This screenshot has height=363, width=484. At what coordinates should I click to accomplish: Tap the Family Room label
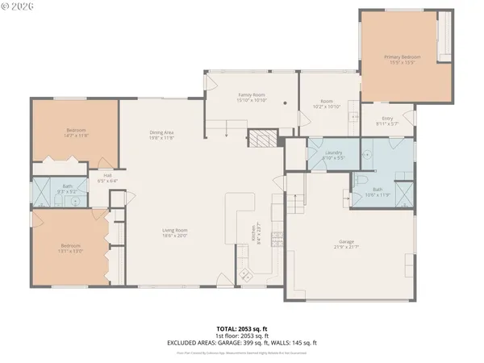click(x=252, y=94)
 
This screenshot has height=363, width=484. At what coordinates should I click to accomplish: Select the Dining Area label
click(x=162, y=132)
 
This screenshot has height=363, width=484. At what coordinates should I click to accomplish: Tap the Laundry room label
click(x=333, y=152)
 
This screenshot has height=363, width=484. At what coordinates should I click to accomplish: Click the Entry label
click(x=387, y=119)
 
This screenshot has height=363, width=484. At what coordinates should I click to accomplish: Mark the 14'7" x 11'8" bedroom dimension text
click(x=76, y=136)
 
